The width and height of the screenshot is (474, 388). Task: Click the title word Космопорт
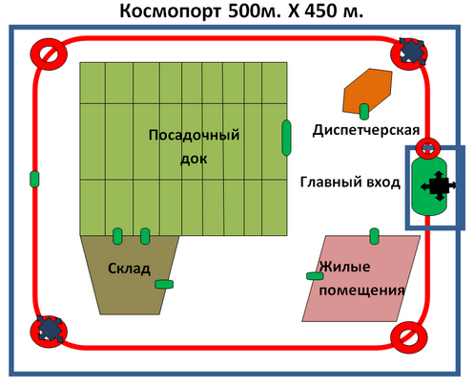click(170, 11)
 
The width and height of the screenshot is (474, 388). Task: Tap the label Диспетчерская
click(366, 130)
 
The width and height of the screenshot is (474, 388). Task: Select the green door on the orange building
click(364, 112)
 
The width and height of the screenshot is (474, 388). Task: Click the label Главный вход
click(350, 182)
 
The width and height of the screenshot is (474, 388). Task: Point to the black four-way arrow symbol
click(439, 185)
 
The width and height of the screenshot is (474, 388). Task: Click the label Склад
click(129, 269)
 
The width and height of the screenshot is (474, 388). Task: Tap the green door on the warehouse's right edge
click(164, 284)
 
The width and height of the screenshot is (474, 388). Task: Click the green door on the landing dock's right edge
click(286, 138)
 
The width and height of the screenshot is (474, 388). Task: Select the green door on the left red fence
click(34, 179)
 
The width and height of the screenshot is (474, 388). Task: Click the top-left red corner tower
click(49, 54)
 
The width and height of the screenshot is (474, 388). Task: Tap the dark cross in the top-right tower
click(412, 52)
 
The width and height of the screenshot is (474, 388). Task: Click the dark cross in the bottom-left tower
click(50, 329)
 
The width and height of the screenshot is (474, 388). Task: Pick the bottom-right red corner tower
click(409, 337)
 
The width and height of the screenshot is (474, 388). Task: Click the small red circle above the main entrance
click(428, 148)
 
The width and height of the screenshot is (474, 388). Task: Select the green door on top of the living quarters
click(375, 236)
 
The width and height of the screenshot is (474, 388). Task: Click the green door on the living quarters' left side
click(315, 276)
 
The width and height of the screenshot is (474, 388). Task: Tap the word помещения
click(361, 291)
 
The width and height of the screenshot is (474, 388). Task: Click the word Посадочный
click(194, 135)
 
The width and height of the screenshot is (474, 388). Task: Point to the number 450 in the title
click(321, 11)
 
